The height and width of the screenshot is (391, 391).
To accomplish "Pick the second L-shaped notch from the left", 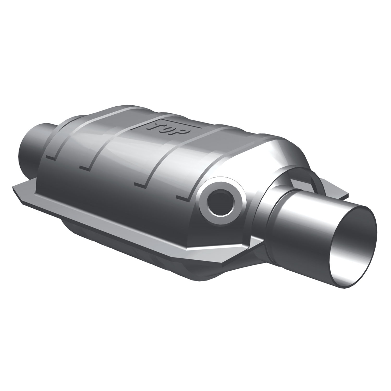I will (86, 167).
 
